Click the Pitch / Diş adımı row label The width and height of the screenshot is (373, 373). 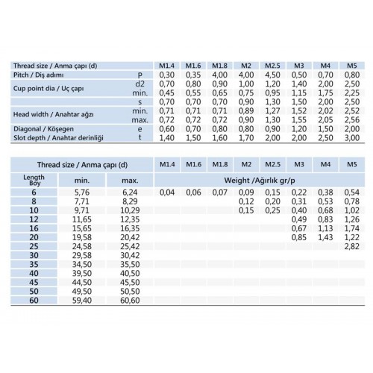46,75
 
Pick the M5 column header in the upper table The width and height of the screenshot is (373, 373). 351,66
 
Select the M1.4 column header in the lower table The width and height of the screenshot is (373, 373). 167,164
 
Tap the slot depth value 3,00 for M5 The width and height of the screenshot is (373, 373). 351,139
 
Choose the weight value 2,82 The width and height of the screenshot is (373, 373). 351,245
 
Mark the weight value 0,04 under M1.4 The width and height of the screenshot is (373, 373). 167,192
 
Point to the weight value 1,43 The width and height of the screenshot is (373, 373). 325,236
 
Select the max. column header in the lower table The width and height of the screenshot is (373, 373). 131,180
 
